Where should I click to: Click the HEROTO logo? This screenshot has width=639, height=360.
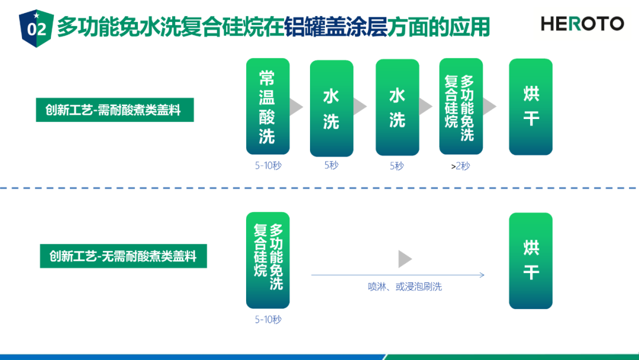pyautogui.click(x=582, y=24)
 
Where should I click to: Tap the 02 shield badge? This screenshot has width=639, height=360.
pyautogui.click(x=36, y=28)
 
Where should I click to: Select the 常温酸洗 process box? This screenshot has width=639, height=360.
pyautogui.click(x=268, y=107)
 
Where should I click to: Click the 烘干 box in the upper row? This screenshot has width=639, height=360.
pyautogui.click(x=531, y=107)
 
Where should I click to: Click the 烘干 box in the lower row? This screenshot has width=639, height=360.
pyautogui.click(x=531, y=261)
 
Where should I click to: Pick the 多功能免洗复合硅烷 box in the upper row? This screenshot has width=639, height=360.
pyautogui.click(x=461, y=107)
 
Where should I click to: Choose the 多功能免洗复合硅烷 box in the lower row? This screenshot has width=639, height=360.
pyautogui.click(x=268, y=260)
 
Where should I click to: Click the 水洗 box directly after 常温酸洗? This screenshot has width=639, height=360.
pyautogui.click(x=331, y=108)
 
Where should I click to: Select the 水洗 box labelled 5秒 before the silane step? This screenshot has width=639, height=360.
pyautogui.click(x=398, y=107)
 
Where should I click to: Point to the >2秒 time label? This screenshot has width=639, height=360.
pyautogui.click(x=460, y=166)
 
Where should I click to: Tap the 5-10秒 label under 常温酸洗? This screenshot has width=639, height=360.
pyautogui.click(x=268, y=166)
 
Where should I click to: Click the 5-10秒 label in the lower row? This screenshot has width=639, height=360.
pyautogui.click(x=268, y=319)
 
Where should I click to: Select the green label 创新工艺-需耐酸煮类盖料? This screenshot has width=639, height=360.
pyautogui.click(x=115, y=110)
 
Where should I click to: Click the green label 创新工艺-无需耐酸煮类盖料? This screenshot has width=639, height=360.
pyautogui.click(x=124, y=256)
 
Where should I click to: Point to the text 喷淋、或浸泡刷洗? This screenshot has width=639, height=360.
pyautogui.click(x=405, y=287)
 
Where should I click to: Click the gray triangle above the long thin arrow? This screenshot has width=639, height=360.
pyautogui.click(x=405, y=259)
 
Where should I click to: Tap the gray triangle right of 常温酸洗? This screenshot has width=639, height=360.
pyautogui.click(x=296, y=107)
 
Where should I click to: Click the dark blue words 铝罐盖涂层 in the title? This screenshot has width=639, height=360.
pyautogui.click(x=335, y=27)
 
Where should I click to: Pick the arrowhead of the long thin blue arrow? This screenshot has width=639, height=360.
pyautogui.click(x=482, y=275)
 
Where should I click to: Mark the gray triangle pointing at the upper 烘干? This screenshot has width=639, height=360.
pyautogui.click(x=489, y=107)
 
